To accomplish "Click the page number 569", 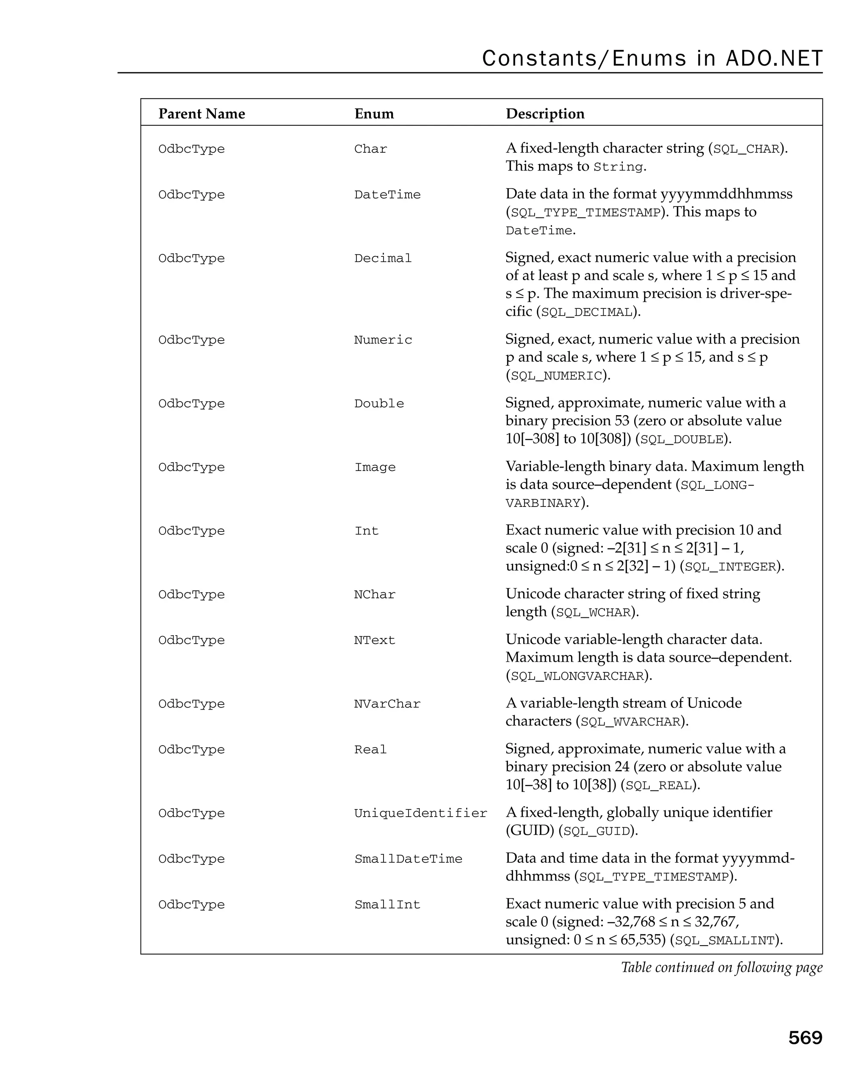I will point(804,1038).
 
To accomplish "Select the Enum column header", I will point(374,114).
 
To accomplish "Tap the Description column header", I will point(545,114).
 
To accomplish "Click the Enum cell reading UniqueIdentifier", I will point(420,813).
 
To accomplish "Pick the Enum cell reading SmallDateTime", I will point(408,859).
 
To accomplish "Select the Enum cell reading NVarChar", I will point(387,704).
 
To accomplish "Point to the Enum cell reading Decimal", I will point(383,258).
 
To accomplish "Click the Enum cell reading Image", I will point(375,468).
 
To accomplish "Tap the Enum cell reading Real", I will point(370,750).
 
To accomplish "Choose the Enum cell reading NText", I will point(374,640).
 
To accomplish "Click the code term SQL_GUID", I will point(596,831).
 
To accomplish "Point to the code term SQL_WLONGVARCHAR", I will point(577,677).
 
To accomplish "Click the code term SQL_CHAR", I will point(746,150).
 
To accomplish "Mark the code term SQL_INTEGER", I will point(730,567).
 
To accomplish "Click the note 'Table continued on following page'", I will point(721,968).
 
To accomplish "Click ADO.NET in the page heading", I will point(774,58).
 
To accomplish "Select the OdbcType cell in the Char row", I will point(191,149).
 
